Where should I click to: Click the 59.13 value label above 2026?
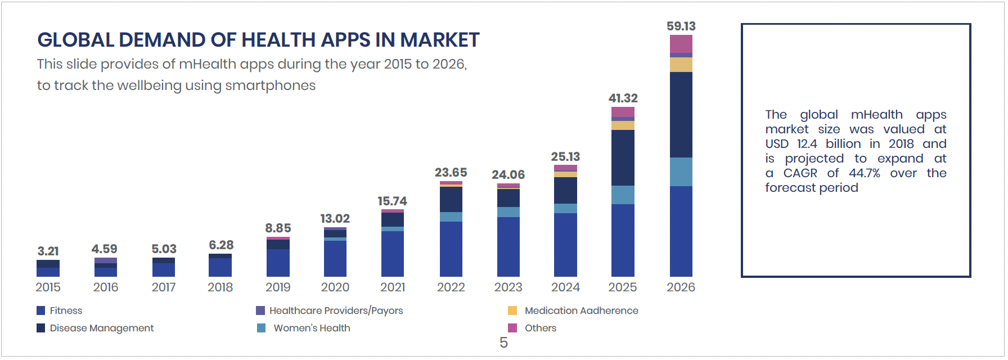681,26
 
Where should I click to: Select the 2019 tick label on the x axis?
278,287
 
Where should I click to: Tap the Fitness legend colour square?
40,310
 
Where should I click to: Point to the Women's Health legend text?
312,328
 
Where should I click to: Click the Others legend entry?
540,328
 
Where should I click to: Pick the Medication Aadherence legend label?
581,310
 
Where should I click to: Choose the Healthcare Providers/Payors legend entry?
336,310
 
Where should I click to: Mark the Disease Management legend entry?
101,328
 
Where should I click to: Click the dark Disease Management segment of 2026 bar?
681,115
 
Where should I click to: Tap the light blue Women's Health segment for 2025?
623,195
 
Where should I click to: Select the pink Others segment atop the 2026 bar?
681,44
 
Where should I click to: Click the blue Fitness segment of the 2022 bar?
451,249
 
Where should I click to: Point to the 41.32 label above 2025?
623,98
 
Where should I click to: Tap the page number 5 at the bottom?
503,343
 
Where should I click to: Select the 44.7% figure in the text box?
864,173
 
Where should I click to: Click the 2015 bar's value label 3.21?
48,251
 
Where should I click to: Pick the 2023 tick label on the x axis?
508,287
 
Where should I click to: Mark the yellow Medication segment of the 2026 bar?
681,65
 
